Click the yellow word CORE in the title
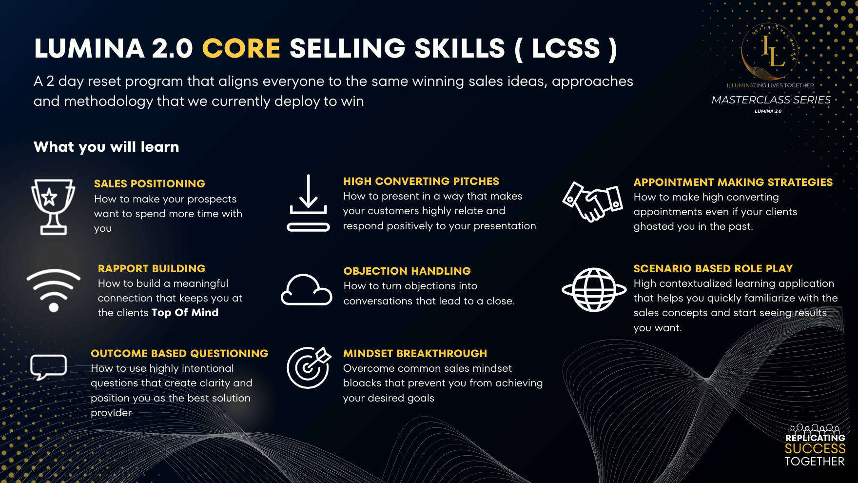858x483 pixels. tap(241, 48)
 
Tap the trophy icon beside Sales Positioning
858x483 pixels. tap(53, 206)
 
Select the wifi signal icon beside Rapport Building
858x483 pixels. tap(54, 290)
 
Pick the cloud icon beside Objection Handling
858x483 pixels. tap(306, 290)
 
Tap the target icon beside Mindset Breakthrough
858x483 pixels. tap(309, 367)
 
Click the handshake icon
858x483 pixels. tap(592, 201)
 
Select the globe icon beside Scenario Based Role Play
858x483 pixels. tap(594, 290)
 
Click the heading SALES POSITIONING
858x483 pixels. tap(149, 184)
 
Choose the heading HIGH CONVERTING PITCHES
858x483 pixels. tap(421, 181)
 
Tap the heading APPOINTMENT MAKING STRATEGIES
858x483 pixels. tap(733, 182)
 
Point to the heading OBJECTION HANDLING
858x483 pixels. tap(407, 271)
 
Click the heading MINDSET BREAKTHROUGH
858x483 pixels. tap(415, 354)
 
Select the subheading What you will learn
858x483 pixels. tap(106, 147)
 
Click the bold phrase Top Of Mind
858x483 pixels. tap(185, 313)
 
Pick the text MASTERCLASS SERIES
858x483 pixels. tap(771, 100)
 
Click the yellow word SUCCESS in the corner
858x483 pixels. tap(815, 449)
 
